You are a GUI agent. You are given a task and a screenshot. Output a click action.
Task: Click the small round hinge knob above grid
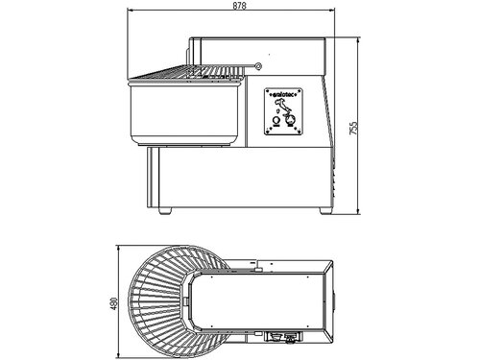click(257, 65)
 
